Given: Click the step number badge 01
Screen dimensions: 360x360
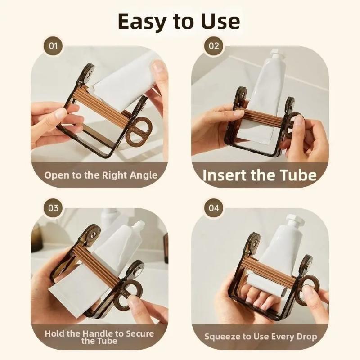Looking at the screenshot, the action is pyautogui.click(x=53, y=46).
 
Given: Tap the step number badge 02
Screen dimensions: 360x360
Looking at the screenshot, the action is pyautogui.click(x=214, y=46).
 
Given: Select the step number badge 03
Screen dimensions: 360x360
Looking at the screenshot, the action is pyautogui.click(x=53, y=208).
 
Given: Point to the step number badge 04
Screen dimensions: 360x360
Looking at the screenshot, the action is pyautogui.click(x=214, y=208).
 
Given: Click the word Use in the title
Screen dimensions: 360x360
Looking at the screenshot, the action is pyautogui.click(x=220, y=21).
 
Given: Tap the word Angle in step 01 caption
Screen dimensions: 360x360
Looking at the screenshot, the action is pyautogui.click(x=143, y=176).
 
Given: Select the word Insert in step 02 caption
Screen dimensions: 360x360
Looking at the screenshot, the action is pyautogui.click(x=225, y=175).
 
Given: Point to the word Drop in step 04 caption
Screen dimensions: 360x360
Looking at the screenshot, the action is pyautogui.click(x=307, y=337).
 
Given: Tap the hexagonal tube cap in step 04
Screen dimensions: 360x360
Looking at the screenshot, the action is pyautogui.click(x=294, y=220).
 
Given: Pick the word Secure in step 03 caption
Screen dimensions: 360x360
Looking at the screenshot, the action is pyautogui.click(x=140, y=333).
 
